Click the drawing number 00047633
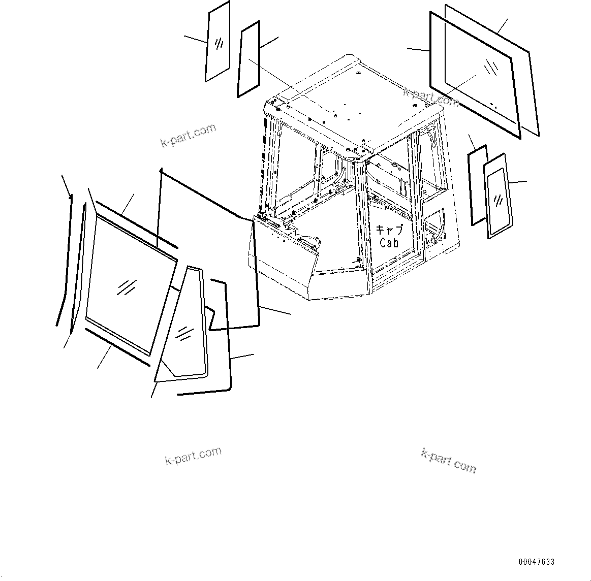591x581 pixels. click(537, 562)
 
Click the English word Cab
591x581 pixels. click(389, 243)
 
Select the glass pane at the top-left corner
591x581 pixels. click(217, 42)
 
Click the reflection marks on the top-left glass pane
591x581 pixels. click(219, 44)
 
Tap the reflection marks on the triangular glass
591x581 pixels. click(184, 333)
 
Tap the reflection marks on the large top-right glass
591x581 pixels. click(490, 68)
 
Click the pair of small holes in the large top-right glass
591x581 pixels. click(493, 106)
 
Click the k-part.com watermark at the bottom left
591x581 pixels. click(194, 456)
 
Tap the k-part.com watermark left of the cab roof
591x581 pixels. click(188, 136)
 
